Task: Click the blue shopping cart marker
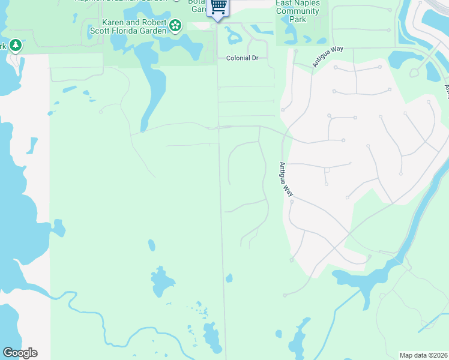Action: [x=218, y=8]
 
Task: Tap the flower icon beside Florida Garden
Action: [x=175, y=25]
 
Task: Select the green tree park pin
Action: [x=16, y=45]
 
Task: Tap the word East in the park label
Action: [x=285, y=3]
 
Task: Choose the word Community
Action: [x=297, y=11]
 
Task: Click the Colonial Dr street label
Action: [x=242, y=58]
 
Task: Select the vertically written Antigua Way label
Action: [x=287, y=179]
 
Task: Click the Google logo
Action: [x=20, y=353]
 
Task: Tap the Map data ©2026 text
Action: [x=423, y=355]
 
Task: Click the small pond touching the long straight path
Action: [x=229, y=278]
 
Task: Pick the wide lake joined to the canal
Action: [x=360, y=277]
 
